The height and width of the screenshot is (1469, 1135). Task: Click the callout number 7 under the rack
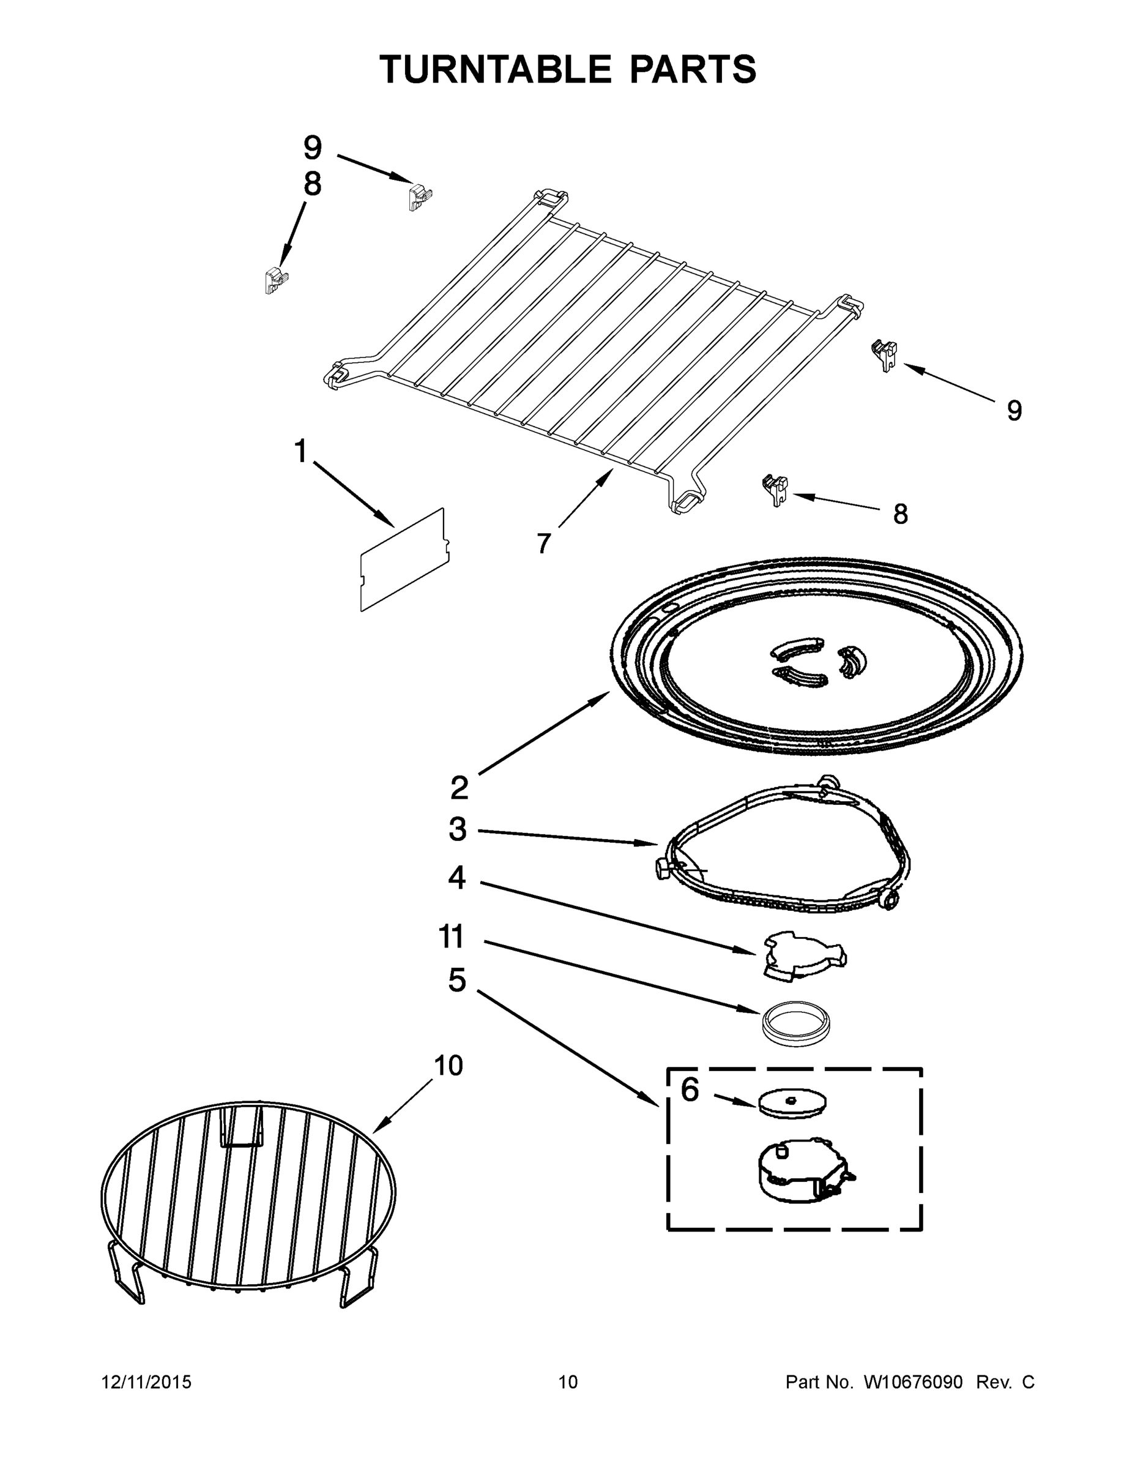click(543, 543)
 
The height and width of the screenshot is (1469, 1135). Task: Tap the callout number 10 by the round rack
click(448, 1066)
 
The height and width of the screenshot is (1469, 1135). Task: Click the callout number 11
click(451, 937)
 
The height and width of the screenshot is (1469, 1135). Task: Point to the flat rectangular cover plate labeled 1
click(405, 560)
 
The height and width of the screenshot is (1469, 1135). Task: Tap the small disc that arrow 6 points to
click(792, 1103)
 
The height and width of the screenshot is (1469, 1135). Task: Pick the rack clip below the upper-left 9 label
click(419, 198)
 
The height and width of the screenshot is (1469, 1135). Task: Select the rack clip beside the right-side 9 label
click(885, 353)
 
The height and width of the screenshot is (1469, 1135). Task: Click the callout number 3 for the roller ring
click(457, 830)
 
